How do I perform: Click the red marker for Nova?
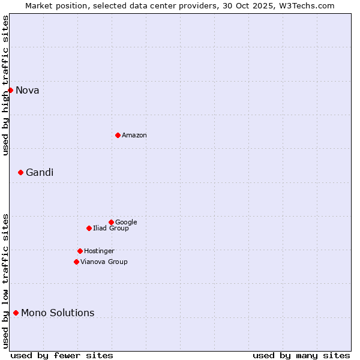pos(10,90)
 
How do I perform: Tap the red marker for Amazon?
pos(118,135)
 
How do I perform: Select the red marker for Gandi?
pos(20,172)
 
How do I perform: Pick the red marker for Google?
pos(111,222)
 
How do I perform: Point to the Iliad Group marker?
pos(89,228)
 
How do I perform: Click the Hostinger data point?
pos(80,251)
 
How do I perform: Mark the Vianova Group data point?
pos(76,262)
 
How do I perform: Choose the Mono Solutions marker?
pos(16,313)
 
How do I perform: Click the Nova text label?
pos(28,91)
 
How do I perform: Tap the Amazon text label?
pos(134,136)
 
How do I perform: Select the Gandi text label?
pos(40,173)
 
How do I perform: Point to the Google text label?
pos(126,223)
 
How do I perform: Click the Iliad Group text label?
pos(111,229)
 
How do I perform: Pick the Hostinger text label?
pos(99,251)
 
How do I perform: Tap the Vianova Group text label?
pos(104,262)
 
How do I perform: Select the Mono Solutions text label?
pos(58,313)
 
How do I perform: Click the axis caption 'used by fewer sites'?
pos(62,356)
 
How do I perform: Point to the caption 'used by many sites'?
pos(301,356)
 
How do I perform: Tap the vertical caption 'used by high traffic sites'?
pos(6,85)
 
